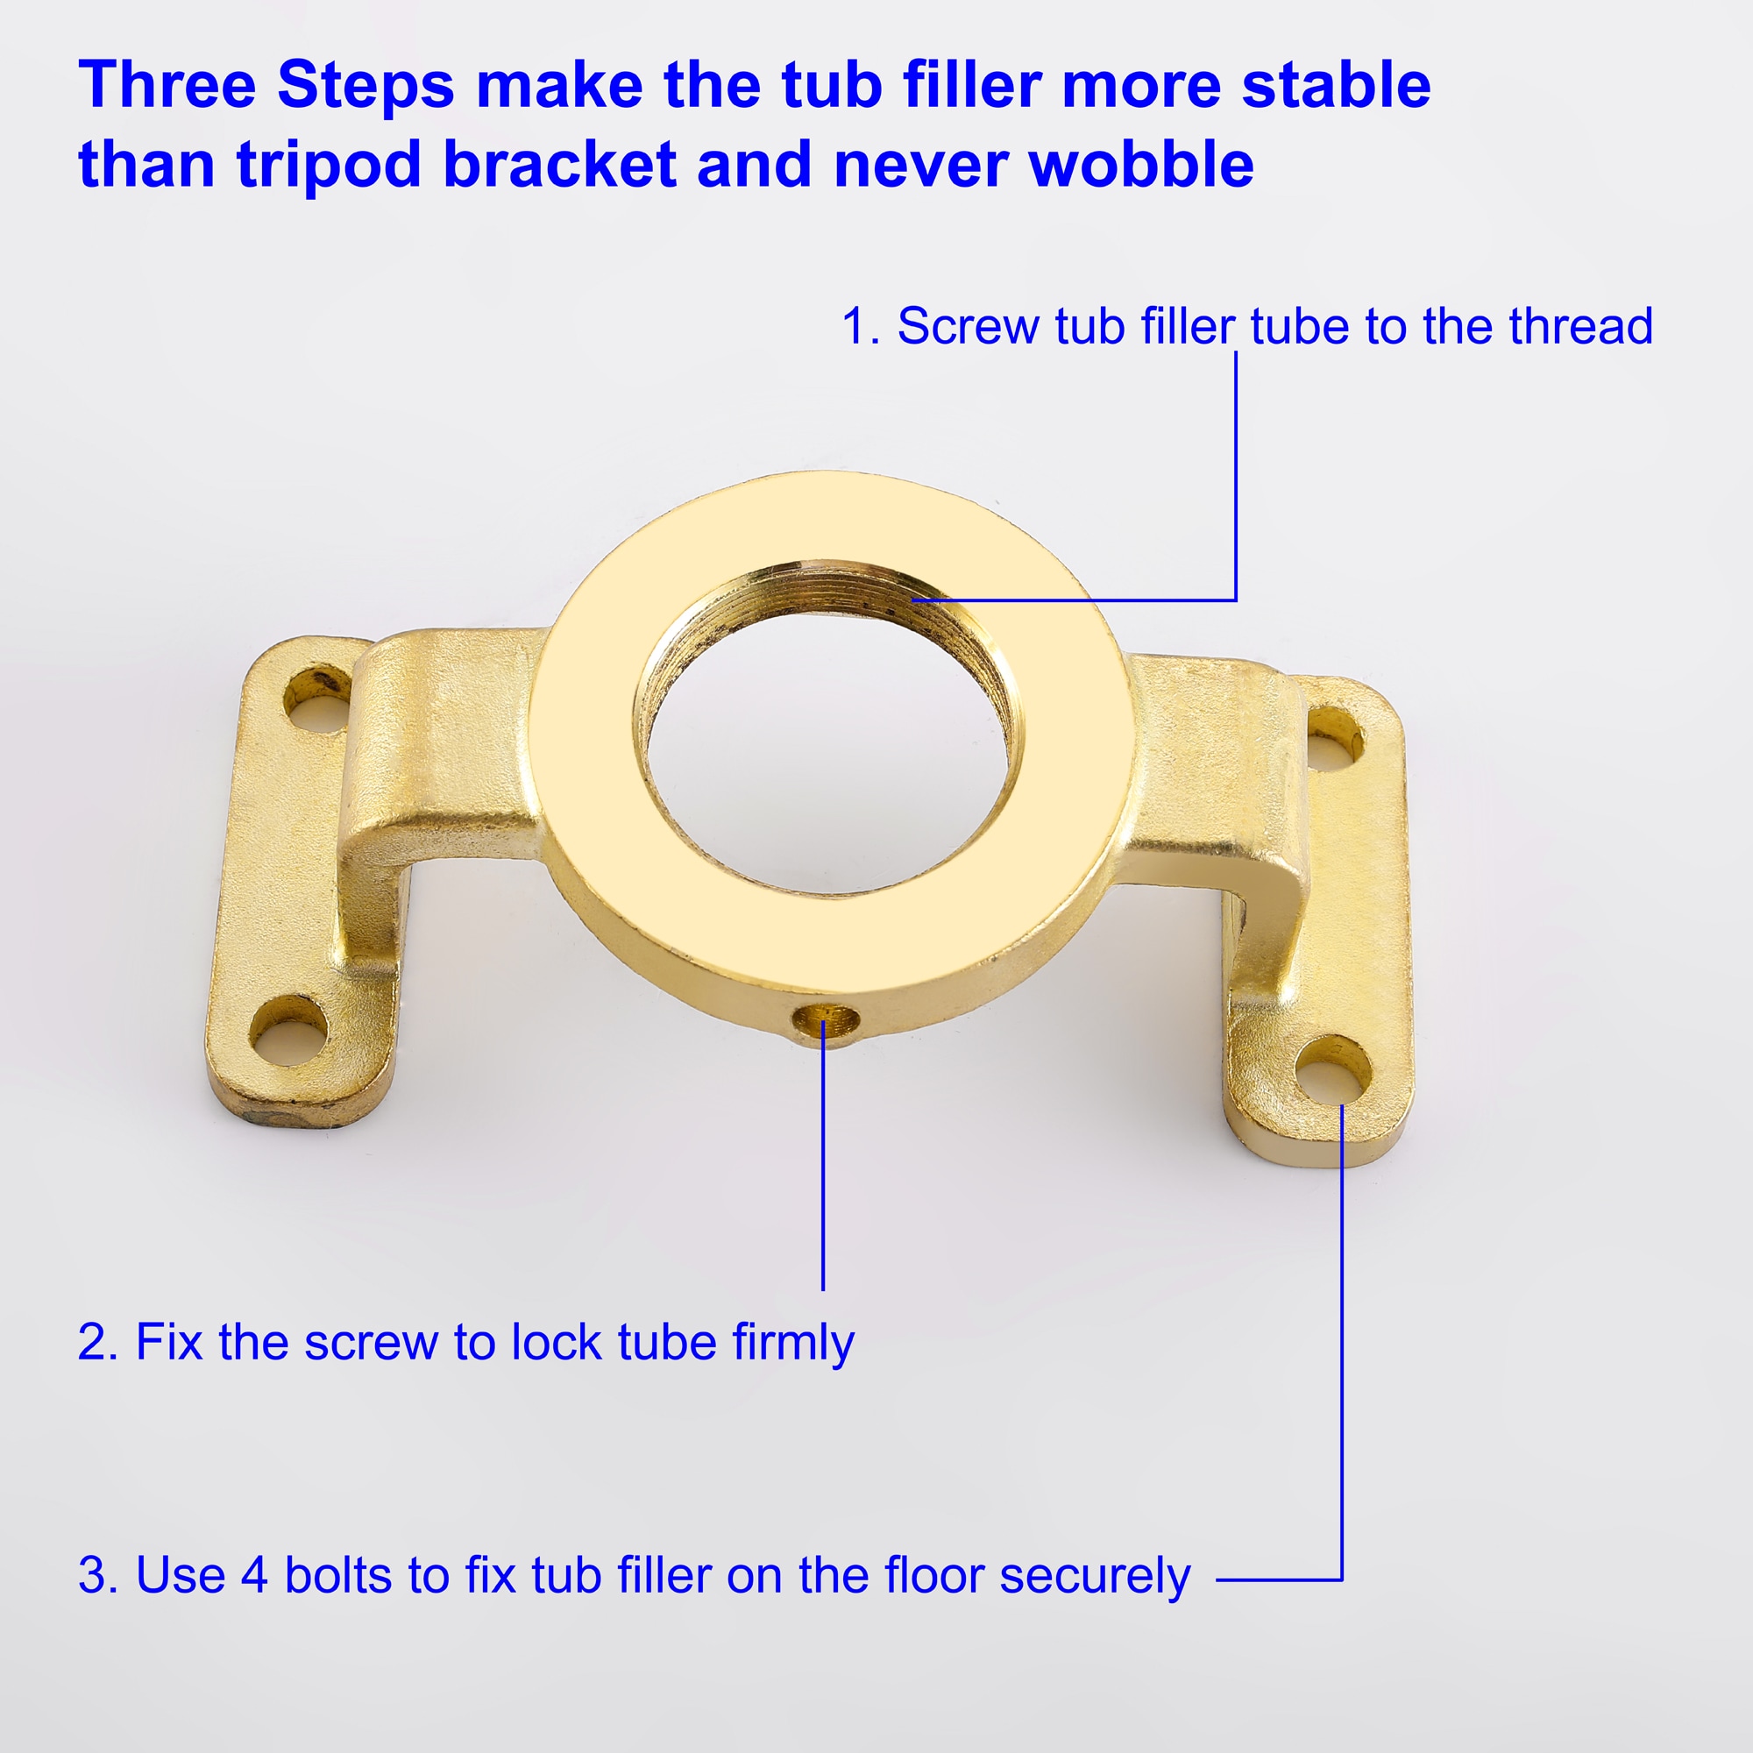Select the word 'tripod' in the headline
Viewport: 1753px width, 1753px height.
coord(329,167)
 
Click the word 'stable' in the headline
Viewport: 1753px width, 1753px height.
coord(1336,85)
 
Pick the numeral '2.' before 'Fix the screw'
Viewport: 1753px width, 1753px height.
coord(98,1343)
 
